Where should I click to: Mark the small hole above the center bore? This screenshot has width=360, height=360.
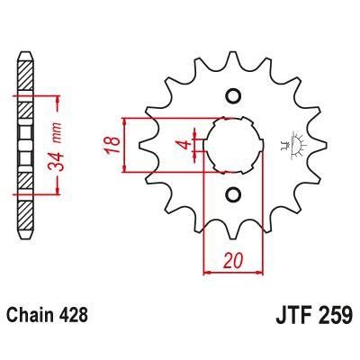[x=232, y=96]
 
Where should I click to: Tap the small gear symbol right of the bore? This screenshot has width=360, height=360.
[x=290, y=144]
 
